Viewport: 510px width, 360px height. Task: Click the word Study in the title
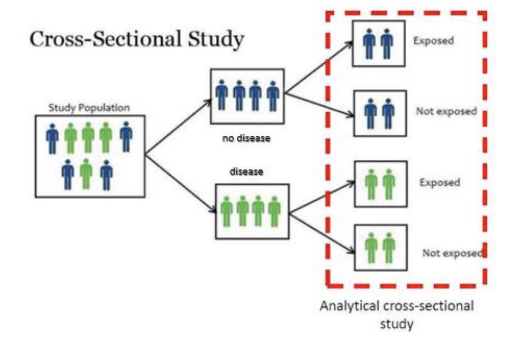coord(216,39)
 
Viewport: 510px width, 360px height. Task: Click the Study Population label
coord(89,108)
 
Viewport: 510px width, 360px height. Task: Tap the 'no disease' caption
coord(246,138)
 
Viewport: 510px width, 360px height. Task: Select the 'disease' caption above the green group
coord(246,171)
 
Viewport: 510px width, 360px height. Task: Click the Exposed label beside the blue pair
coord(434,41)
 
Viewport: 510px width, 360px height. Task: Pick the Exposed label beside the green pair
coord(440,182)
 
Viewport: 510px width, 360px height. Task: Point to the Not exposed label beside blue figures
coord(446,111)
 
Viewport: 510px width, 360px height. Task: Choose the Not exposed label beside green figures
coord(452,253)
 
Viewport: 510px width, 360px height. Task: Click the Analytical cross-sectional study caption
coord(397,315)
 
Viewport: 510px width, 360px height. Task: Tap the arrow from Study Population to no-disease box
coord(178,127)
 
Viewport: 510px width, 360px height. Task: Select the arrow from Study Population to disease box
coord(181,184)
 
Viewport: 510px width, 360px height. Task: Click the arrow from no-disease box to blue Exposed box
coord(319,67)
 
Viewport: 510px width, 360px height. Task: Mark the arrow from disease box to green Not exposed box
coord(322,233)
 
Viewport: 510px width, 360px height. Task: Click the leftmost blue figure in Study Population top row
coord(52,138)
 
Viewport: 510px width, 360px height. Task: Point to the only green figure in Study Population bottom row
coord(86,174)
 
